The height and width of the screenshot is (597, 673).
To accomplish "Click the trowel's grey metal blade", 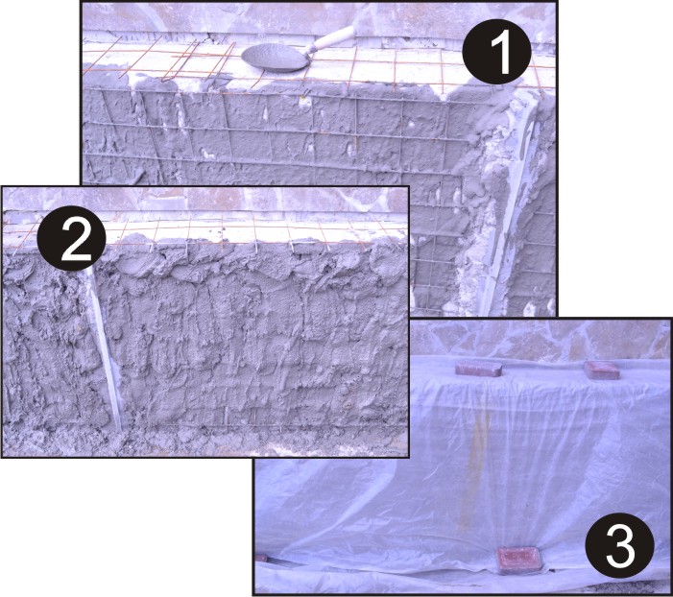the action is coord(276,57).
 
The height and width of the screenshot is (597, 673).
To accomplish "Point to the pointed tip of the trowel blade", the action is coord(243,55).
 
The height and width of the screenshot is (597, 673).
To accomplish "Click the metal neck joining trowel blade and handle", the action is coord(312,49).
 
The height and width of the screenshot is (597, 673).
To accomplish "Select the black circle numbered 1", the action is coord(496,53).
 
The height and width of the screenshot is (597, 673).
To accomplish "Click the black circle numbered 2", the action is coord(72,239).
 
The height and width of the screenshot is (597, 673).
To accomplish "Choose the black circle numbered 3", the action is coord(619,546).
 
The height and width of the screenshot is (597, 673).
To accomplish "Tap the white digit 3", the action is coord(620,547).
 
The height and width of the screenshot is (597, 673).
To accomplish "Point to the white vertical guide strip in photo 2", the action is coord(105,346).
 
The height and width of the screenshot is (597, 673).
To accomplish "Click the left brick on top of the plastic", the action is coord(479,369).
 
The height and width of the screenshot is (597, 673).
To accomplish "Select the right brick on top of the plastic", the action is coord(602,370).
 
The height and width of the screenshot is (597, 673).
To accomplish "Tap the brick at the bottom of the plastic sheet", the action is coord(519,561).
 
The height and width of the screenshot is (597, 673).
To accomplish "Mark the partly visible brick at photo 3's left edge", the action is coord(261,558).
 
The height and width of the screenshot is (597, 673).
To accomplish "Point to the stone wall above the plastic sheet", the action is coord(540,339).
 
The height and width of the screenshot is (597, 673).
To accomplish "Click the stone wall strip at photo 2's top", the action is coord(205,199).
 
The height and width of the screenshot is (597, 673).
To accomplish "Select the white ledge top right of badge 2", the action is coord(253,232).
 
